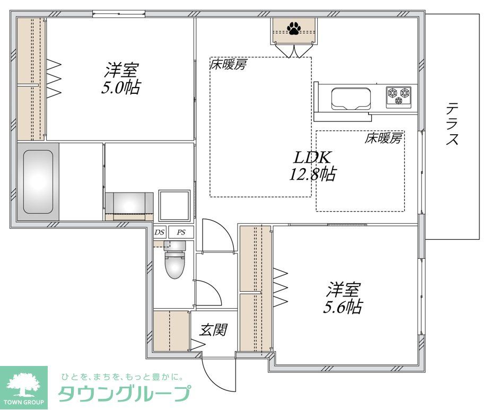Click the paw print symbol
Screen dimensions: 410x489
tap(294, 28)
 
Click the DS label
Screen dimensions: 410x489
tap(160, 232)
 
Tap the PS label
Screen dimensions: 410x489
tap(181, 232)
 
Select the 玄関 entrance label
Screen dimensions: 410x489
tap(213, 329)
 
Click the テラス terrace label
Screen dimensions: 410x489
tap(452, 124)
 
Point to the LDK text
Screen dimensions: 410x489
tap(313, 158)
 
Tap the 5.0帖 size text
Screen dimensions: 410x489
tap(121, 87)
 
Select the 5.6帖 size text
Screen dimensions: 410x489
tap(343, 306)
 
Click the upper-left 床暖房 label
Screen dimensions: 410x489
tap(229, 65)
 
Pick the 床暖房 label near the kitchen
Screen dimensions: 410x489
tap(383, 138)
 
